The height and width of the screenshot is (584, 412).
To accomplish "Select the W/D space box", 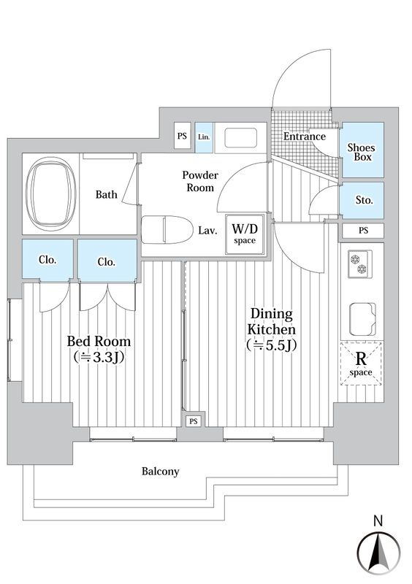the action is pos(245,234).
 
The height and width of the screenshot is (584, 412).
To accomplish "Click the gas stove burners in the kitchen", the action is pos(360,264).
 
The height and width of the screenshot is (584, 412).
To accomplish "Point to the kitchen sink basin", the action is pos(362,318).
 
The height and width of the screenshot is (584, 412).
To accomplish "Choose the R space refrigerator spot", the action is pos(362,363).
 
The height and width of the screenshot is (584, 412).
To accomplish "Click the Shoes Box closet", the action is pos(362,150).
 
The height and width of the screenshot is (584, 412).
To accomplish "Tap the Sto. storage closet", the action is pos(362,200).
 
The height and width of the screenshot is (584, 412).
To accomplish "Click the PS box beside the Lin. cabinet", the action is pos(183,136).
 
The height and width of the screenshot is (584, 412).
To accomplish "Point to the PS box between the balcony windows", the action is pos(193,421).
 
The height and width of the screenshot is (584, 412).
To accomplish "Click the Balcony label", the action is pos(160,472).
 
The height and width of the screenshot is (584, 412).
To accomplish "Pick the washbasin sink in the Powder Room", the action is pos(241,138).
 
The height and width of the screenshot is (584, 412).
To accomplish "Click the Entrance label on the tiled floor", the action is pos(304,137).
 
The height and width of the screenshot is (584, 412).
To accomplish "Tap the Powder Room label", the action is pos(200,181).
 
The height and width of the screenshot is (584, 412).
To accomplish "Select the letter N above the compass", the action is pos(378,520).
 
